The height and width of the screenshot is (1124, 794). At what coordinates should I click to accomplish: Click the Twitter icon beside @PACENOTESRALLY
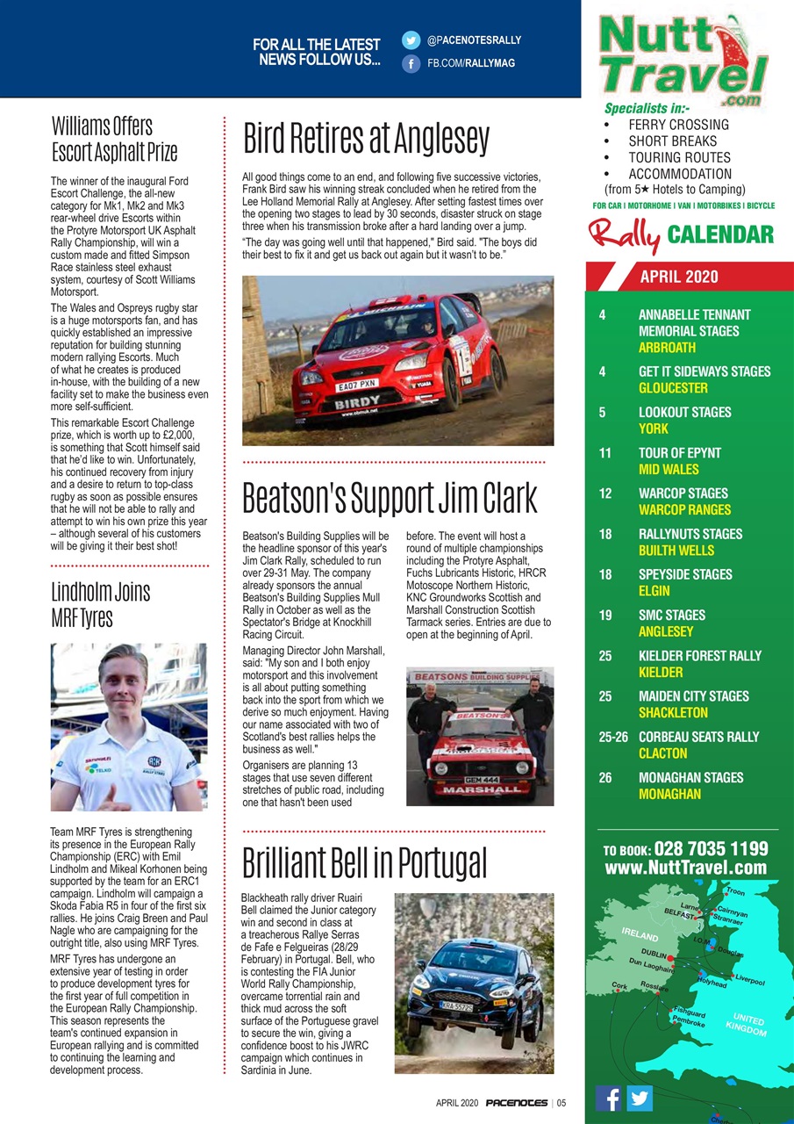coord(411,40)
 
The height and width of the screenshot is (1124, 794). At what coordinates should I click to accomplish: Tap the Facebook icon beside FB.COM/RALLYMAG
coord(411,63)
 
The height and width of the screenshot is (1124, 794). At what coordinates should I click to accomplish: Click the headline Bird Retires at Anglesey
coord(366,138)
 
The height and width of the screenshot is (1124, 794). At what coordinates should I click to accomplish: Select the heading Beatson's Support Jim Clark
coord(390,498)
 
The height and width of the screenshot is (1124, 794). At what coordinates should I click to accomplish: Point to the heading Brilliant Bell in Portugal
coord(364,863)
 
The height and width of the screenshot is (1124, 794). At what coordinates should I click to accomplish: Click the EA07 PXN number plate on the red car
coord(357,385)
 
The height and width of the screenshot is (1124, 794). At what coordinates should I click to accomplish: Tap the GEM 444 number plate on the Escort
coord(483,779)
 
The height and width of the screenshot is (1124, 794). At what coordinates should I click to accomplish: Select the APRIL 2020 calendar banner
coord(678,277)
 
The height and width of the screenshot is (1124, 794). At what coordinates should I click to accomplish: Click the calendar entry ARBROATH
coord(667,348)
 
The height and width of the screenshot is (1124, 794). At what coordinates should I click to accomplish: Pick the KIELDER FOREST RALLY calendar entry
coord(699,656)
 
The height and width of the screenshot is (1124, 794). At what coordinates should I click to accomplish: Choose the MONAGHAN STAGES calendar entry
coord(690,777)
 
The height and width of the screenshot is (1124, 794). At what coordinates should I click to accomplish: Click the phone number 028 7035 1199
coord(712,849)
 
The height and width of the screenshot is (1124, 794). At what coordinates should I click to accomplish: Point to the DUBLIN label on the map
coord(655,954)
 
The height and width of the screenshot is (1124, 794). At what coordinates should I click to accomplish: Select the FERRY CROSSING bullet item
coord(678,125)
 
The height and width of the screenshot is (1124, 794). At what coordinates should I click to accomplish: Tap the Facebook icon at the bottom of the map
coord(609,1098)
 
